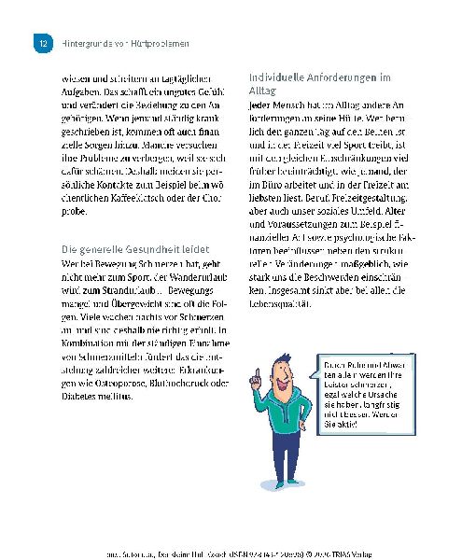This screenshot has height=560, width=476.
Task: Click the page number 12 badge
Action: point(40,44)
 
